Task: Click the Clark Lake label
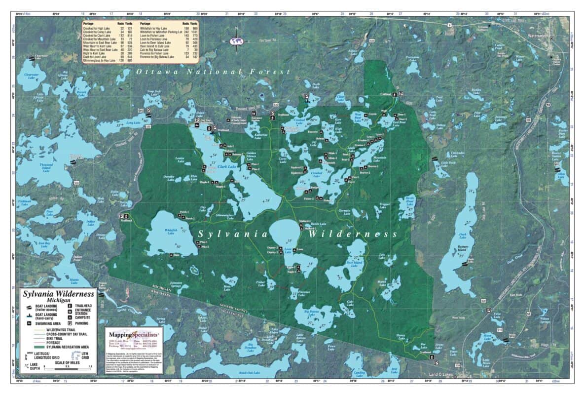point(227,166)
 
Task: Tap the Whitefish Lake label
point(171,232)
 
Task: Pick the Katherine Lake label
point(260,135)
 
